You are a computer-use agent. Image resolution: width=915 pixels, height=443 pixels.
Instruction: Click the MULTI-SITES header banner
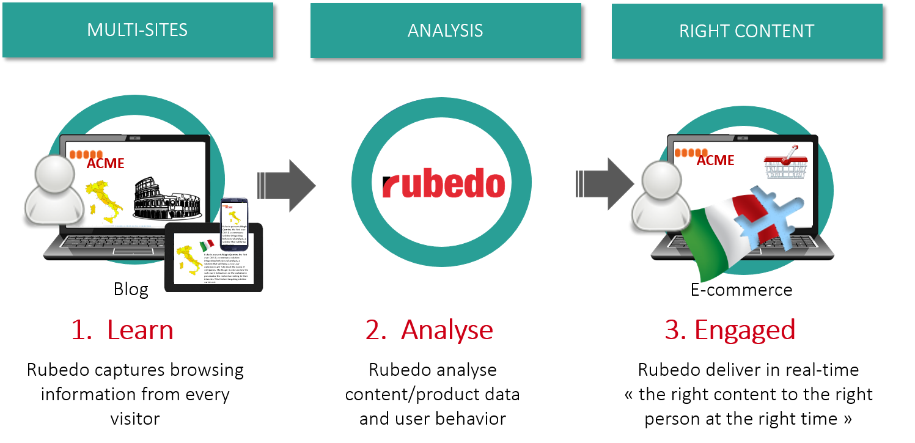point(138,30)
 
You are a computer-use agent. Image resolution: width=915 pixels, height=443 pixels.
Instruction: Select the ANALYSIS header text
point(445,31)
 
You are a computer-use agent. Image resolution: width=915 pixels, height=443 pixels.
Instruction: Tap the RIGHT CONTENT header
point(746,31)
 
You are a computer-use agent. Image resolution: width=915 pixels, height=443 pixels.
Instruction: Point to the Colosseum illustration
point(166,201)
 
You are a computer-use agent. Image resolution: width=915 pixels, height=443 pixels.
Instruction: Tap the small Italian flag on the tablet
point(207,246)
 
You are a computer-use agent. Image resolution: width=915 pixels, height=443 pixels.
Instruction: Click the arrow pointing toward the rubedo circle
point(287,185)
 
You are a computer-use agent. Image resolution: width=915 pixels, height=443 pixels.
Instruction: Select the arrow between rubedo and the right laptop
point(605,184)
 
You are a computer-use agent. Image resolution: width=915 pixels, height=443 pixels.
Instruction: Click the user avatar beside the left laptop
point(53,190)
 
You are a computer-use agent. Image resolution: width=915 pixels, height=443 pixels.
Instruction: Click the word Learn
point(140,330)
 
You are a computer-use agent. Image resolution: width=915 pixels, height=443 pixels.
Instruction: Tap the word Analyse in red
point(447,330)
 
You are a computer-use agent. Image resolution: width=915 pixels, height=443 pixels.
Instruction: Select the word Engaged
point(744,330)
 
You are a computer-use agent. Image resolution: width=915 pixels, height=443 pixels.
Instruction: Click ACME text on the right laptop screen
point(715,160)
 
